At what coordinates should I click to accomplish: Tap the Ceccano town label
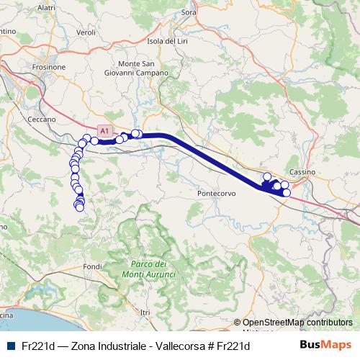click(41, 119)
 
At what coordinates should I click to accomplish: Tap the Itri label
click(145, 312)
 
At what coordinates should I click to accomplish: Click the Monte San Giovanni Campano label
click(142, 68)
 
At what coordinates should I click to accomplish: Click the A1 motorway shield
click(104, 131)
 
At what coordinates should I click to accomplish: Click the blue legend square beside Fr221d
click(9, 346)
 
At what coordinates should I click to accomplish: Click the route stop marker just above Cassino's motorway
click(267, 176)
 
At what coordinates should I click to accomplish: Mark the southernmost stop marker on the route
click(79, 208)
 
